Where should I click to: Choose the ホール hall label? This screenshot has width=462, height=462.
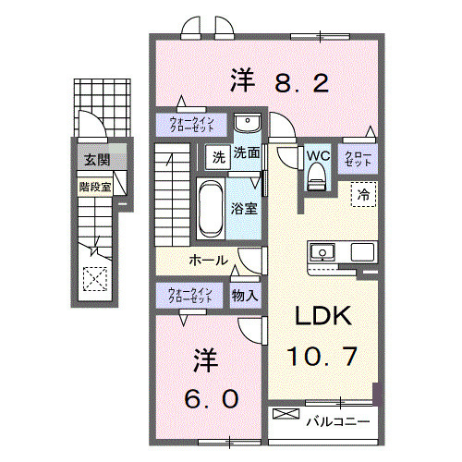(x=210, y=261)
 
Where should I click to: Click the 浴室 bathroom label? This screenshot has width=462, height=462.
(x=245, y=209)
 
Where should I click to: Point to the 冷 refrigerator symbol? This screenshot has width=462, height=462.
(x=364, y=195)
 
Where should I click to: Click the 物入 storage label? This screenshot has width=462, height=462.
(x=245, y=296)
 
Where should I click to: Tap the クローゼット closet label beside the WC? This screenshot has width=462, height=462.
(x=359, y=157)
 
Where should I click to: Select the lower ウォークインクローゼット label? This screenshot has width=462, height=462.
(x=191, y=296)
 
